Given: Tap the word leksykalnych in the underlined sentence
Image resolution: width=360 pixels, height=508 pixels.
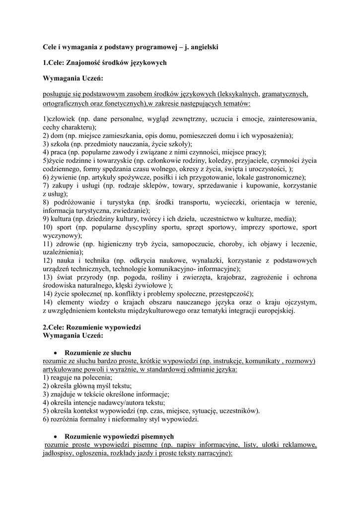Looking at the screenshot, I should coord(236,94).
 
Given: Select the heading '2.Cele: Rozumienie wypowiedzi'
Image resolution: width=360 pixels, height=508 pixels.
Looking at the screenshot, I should coord(92,328).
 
